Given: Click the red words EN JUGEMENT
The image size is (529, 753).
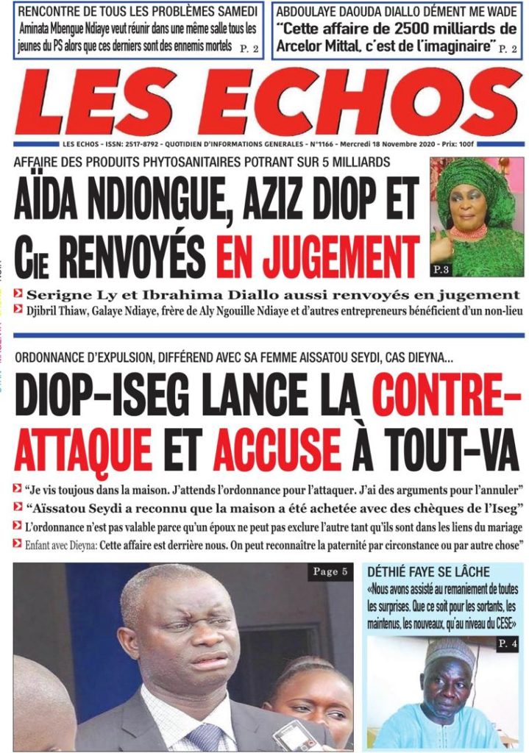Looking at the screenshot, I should point(318,258).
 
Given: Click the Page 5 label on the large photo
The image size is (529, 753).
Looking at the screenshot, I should point(330,572).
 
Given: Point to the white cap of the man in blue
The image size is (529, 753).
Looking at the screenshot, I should point(449,651).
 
